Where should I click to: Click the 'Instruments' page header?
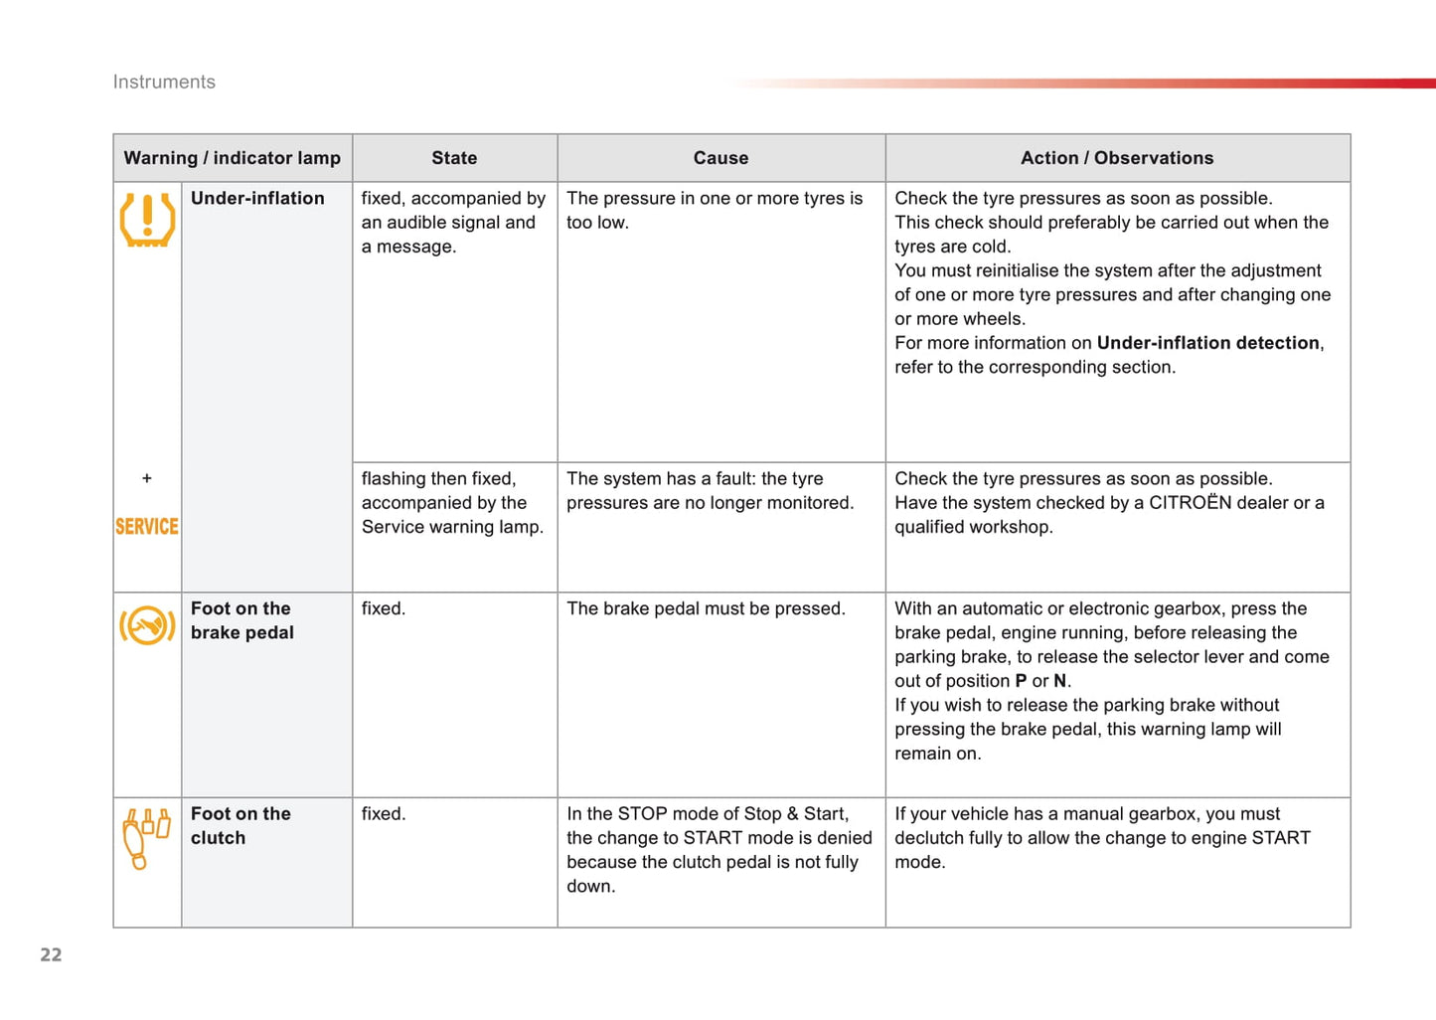click(164, 83)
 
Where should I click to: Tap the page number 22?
click(51, 955)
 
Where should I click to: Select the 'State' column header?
click(454, 158)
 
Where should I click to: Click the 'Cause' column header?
click(720, 158)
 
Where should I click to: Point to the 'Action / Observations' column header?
click(1117, 158)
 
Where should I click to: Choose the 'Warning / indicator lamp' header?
click(232, 158)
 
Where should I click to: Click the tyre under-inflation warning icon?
click(147, 220)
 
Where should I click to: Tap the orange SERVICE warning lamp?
click(147, 527)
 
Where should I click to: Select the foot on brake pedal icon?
click(147, 625)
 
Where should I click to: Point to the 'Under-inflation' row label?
click(257, 199)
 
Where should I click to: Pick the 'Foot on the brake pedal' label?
click(242, 620)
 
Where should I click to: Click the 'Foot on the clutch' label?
click(240, 825)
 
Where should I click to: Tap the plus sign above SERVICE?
click(147, 478)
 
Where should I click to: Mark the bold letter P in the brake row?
click(1021, 681)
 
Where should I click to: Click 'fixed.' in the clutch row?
click(384, 814)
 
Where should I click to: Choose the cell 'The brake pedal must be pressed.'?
click(706, 608)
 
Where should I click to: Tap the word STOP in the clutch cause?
click(642, 814)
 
